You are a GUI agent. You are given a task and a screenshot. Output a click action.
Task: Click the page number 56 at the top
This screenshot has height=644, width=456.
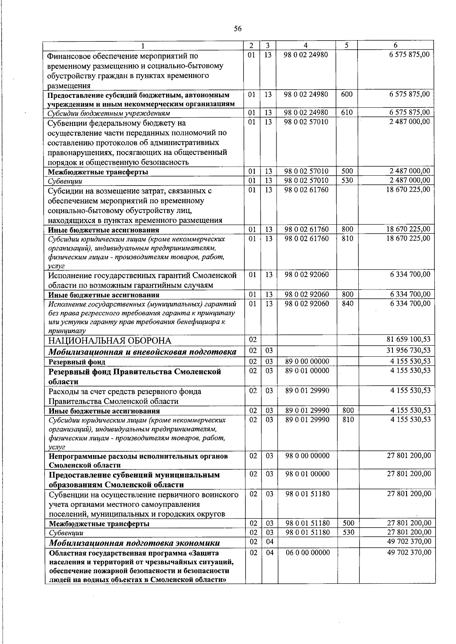pyautogui.click(x=238, y=29)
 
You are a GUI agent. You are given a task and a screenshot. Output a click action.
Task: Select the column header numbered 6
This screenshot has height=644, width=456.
pyautogui.click(x=396, y=45)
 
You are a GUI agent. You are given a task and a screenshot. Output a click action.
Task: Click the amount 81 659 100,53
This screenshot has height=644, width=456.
pyautogui.click(x=408, y=339)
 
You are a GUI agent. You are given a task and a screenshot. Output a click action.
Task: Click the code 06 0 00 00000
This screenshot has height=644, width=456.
pyautogui.click(x=307, y=553)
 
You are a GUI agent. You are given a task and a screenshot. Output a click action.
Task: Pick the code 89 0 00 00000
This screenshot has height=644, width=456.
pyautogui.click(x=307, y=361)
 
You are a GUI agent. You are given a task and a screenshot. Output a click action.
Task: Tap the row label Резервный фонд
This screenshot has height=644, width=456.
pyautogui.click(x=76, y=362)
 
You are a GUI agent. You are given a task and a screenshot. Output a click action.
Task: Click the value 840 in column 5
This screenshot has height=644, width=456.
pyautogui.click(x=347, y=304)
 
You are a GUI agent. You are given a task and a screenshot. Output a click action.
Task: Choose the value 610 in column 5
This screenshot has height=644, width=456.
pyautogui.click(x=347, y=112)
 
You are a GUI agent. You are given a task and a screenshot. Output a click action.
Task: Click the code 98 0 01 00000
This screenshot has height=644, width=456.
pyautogui.click(x=307, y=474)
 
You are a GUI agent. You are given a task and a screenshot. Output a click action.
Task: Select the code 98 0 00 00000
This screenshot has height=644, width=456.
pyautogui.click(x=307, y=456)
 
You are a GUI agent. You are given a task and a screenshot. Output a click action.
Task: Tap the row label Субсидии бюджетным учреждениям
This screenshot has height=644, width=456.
pyautogui.click(x=108, y=113)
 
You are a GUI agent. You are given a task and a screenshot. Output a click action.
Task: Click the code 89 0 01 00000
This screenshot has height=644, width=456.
pyautogui.click(x=307, y=370)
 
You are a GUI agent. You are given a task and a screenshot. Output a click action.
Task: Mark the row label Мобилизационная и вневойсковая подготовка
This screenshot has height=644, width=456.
pyautogui.click(x=142, y=352)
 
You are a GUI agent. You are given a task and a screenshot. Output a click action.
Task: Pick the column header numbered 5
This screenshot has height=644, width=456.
pyautogui.click(x=347, y=45)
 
